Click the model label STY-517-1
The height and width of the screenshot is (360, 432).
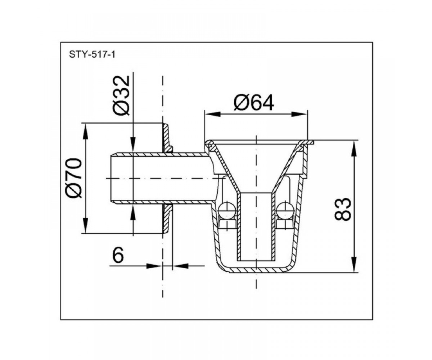(92, 55)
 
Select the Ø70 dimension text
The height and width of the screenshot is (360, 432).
(74, 178)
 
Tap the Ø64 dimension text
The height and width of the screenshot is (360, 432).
(254, 103)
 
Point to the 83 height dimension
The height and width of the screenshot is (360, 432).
(343, 209)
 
